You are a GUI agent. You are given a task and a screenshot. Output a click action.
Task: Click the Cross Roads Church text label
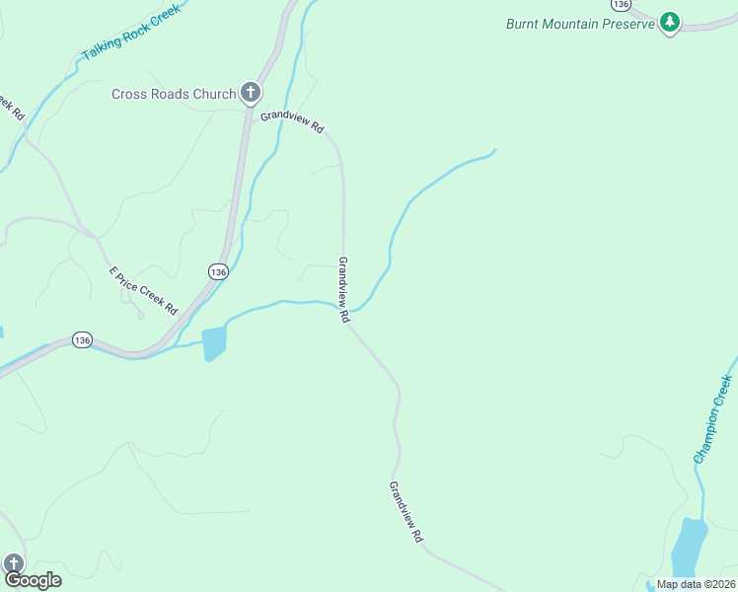click(174, 94)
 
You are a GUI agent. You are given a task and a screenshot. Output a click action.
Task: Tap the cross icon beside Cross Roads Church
click(251, 94)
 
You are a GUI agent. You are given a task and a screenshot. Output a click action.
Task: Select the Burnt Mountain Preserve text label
click(580, 24)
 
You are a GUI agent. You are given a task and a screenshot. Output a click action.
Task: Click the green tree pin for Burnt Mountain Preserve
click(670, 22)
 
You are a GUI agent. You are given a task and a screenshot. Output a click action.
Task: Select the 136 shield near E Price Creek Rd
click(218, 270)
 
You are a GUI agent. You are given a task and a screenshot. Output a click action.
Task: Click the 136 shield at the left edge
click(82, 339)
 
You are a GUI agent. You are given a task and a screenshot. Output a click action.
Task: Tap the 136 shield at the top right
click(620, 5)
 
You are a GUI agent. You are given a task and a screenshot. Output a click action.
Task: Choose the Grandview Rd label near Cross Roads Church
click(292, 122)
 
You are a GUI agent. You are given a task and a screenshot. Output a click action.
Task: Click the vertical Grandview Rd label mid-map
click(344, 291)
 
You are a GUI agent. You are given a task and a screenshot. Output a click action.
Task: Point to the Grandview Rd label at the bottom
click(406, 512)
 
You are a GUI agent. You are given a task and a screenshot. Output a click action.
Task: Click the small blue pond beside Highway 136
click(213, 342)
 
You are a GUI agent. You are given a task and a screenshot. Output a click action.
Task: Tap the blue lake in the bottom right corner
click(689, 548)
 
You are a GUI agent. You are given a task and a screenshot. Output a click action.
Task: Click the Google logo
click(32, 580)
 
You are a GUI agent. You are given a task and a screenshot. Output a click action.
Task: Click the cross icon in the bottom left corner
click(13, 562)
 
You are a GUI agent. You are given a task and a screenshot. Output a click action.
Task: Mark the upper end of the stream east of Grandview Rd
click(493, 150)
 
